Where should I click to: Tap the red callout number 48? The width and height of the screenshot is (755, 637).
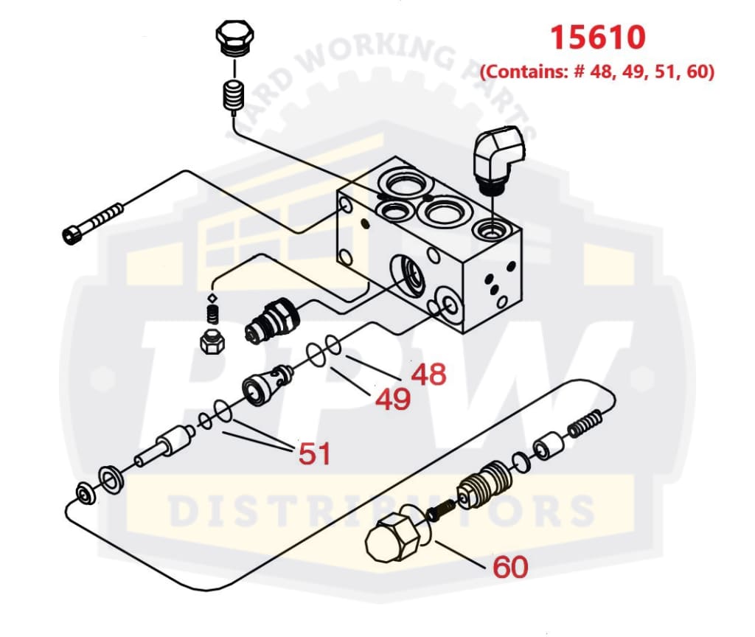[428, 375]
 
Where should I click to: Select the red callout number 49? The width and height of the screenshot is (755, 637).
[392, 400]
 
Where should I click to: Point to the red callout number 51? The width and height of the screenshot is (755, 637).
[314, 453]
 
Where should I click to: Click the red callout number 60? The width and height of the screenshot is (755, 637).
[510, 567]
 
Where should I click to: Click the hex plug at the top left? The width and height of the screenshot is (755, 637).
[235, 37]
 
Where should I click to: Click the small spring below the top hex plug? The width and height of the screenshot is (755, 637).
[233, 96]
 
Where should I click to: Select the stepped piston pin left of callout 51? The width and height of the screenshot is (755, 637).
[164, 448]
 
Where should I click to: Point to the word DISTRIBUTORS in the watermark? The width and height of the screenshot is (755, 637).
[381, 509]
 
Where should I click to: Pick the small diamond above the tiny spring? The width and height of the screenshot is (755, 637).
[212, 298]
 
